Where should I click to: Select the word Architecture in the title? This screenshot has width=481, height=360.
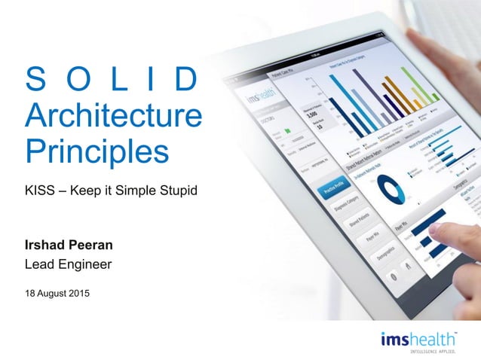tap(113, 117)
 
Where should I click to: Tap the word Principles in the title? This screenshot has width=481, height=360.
tap(97, 151)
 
